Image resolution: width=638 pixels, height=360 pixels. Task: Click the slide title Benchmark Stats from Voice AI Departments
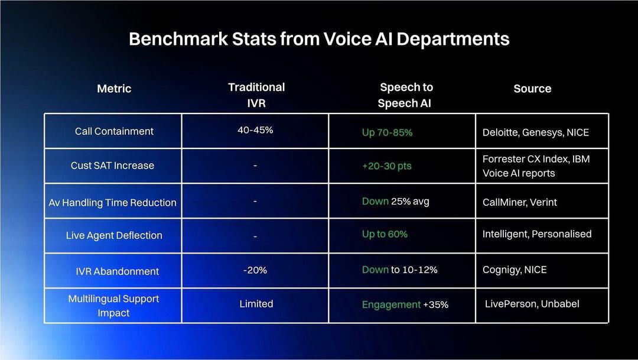(x=319, y=39)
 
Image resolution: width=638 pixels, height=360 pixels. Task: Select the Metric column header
(x=114, y=89)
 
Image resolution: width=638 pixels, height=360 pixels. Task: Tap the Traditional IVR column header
(x=256, y=95)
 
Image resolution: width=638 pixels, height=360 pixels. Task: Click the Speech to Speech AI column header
(x=406, y=95)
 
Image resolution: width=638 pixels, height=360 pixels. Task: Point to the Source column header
(x=532, y=89)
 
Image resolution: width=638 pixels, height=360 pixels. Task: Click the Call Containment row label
(x=114, y=131)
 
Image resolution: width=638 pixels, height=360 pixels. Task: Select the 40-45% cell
(x=255, y=130)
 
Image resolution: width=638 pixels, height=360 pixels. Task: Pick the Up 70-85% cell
(x=387, y=132)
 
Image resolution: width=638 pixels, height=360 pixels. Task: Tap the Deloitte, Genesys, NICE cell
(x=536, y=132)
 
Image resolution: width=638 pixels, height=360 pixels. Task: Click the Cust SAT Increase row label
(x=112, y=166)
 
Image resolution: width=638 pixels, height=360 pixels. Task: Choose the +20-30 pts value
(x=386, y=166)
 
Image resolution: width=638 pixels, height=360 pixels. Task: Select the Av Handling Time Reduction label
(x=112, y=202)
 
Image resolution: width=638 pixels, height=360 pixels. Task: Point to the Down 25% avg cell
(x=395, y=201)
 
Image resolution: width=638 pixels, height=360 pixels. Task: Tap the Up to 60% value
(x=385, y=234)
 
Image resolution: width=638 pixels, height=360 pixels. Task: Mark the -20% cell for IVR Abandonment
(x=255, y=270)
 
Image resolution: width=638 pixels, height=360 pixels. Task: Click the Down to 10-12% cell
(x=399, y=270)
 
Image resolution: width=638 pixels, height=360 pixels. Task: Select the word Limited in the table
(x=256, y=304)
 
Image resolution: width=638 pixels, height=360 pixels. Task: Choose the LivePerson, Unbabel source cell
(x=532, y=304)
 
